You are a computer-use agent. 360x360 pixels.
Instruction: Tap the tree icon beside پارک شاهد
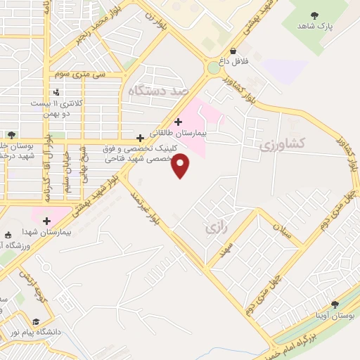(314, 15)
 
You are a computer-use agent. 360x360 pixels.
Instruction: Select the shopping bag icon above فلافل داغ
(233, 51)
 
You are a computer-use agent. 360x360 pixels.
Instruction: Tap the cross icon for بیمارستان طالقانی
(178, 122)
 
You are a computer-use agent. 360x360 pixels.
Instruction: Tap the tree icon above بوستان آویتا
(335, 304)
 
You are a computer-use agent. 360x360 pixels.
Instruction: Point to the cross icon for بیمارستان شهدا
(47, 221)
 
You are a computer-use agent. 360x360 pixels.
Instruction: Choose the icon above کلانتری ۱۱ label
(56, 91)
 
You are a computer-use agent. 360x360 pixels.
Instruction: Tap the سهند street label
(226, 250)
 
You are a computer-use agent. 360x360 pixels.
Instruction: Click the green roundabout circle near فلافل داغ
(213, 68)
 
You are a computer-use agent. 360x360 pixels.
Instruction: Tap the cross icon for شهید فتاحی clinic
(140, 138)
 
